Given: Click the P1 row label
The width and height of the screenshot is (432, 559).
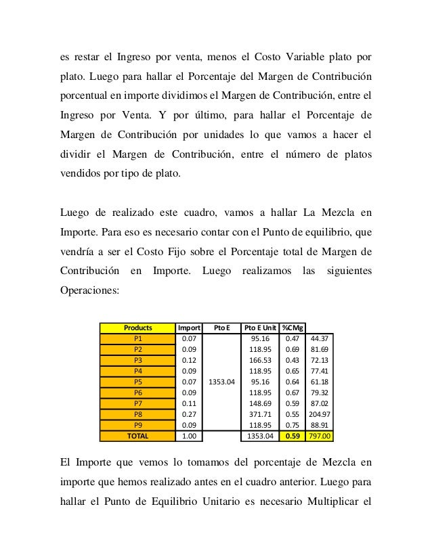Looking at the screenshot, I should [x=137, y=338].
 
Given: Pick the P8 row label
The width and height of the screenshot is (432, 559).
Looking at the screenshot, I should [x=137, y=414].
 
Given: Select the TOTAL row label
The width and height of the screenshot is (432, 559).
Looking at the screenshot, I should [x=137, y=436].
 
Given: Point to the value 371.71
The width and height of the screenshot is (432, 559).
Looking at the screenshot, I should [x=259, y=414].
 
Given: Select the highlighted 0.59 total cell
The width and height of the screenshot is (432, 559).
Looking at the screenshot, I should [x=293, y=436].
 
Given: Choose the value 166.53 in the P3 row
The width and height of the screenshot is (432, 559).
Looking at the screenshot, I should [x=259, y=360].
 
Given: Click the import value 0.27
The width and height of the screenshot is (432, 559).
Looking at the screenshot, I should [x=189, y=414].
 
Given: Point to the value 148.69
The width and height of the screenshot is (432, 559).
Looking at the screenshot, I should [x=259, y=403].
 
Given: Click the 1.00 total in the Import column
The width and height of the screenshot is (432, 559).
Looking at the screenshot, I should [x=189, y=436].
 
